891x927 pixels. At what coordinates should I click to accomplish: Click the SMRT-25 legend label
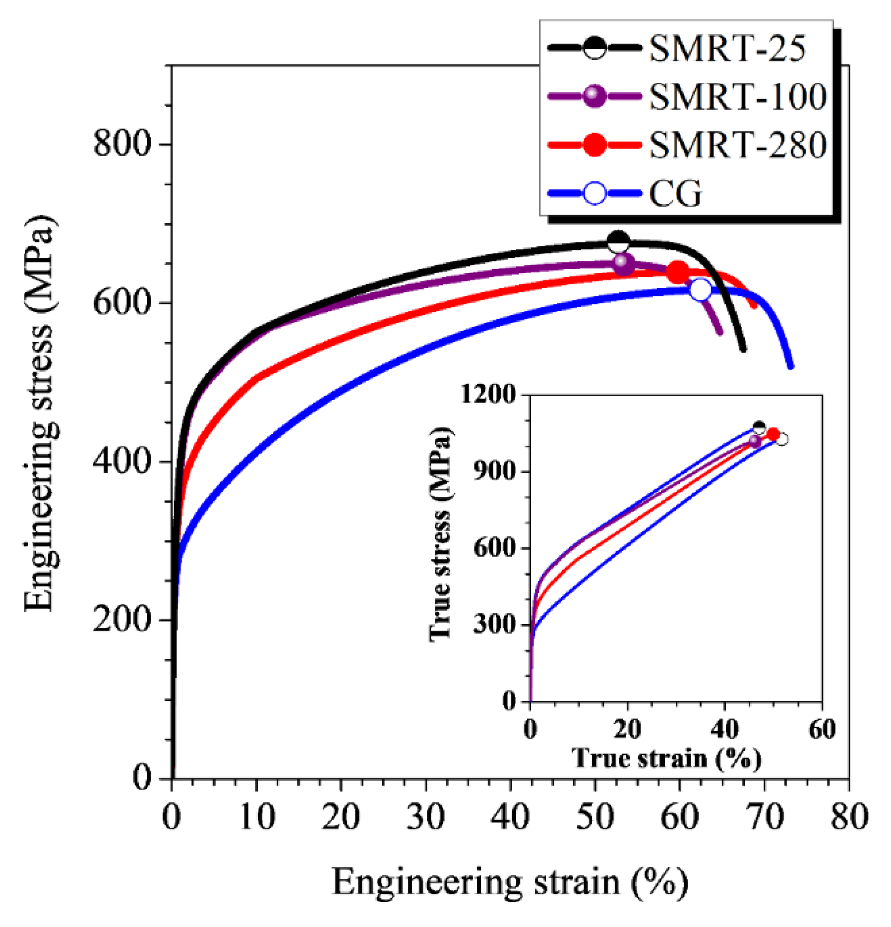(727, 49)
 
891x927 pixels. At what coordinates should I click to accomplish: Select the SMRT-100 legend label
(738, 97)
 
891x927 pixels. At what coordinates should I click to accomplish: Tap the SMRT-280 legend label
(738, 145)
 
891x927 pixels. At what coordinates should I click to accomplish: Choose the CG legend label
(675, 193)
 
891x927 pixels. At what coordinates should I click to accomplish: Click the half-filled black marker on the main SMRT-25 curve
(618, 242)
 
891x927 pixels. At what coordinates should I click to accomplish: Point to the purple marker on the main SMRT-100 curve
(624, 264)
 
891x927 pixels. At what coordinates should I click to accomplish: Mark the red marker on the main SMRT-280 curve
(678, 272)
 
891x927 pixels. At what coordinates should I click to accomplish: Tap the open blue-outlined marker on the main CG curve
(700, 290)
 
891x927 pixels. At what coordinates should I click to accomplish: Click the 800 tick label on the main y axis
(121, 144)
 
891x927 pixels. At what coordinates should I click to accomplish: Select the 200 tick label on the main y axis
(121, 619)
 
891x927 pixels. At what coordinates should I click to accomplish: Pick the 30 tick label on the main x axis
(425, 817)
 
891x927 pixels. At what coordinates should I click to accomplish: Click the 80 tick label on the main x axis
(849, 817)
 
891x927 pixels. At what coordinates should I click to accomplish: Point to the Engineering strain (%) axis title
(510, 882)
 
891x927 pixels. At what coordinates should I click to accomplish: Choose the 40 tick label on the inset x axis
(724, 729)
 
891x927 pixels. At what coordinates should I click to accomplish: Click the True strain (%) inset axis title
(666, 758)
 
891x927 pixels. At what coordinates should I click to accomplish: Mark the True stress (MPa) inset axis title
(441, 533)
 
